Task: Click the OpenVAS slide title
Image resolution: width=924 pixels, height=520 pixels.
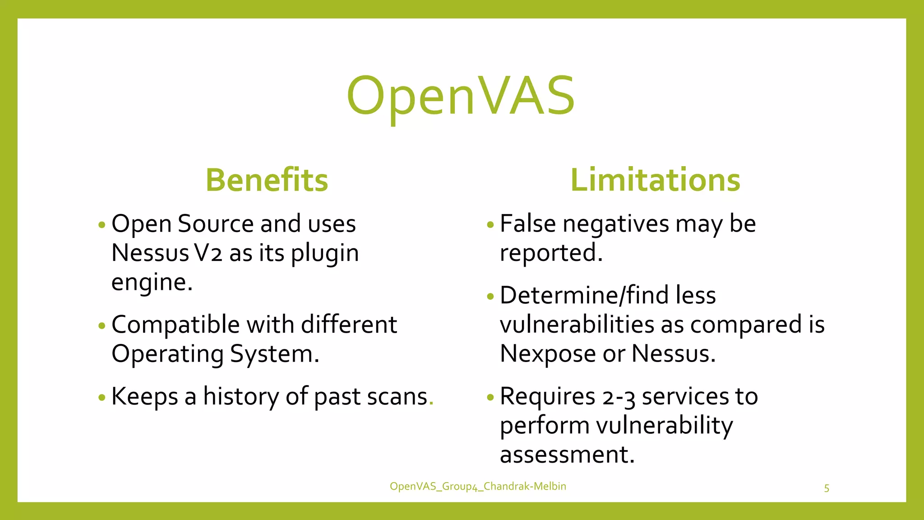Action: (461, 96)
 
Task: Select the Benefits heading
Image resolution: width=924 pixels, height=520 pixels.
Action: (267, 180)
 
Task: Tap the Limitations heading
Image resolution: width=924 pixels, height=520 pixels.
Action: (655, 180)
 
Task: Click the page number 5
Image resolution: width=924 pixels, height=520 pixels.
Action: (827, 488)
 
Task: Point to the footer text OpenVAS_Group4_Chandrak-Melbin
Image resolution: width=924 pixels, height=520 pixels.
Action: (478, 486)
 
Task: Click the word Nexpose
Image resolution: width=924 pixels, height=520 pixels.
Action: (548, 353)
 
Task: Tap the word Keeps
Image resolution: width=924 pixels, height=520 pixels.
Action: (144, 397)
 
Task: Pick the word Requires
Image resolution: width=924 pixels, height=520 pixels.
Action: (547, 397)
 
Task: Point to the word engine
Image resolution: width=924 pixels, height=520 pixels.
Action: (152, 283)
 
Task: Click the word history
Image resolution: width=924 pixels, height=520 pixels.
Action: (240, 397)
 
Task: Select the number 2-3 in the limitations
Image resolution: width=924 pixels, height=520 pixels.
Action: (619, 397)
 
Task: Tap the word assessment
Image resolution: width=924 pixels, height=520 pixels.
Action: (567, 454)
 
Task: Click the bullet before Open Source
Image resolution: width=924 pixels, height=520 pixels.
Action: (102, 224)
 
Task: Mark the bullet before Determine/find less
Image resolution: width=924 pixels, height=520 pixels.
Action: (490, 297)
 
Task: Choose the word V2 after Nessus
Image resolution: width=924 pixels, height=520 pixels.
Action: (208, 253)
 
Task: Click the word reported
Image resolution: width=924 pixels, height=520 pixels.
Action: (551, 253)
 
